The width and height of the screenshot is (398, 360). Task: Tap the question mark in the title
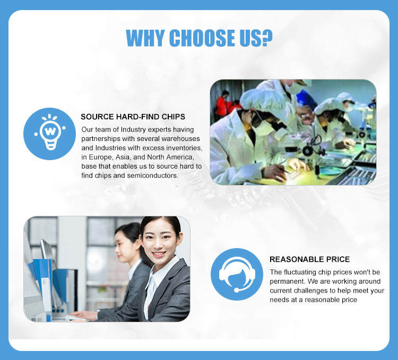click(267, 38)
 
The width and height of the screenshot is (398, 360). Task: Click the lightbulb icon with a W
click(50, 134)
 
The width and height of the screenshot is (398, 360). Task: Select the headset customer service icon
click(237, 274)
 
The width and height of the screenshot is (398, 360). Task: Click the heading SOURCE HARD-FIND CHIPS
click(133, 117)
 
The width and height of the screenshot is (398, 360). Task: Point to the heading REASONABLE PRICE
click(309, 259)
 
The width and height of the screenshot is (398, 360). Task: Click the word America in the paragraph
click(180, 157)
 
